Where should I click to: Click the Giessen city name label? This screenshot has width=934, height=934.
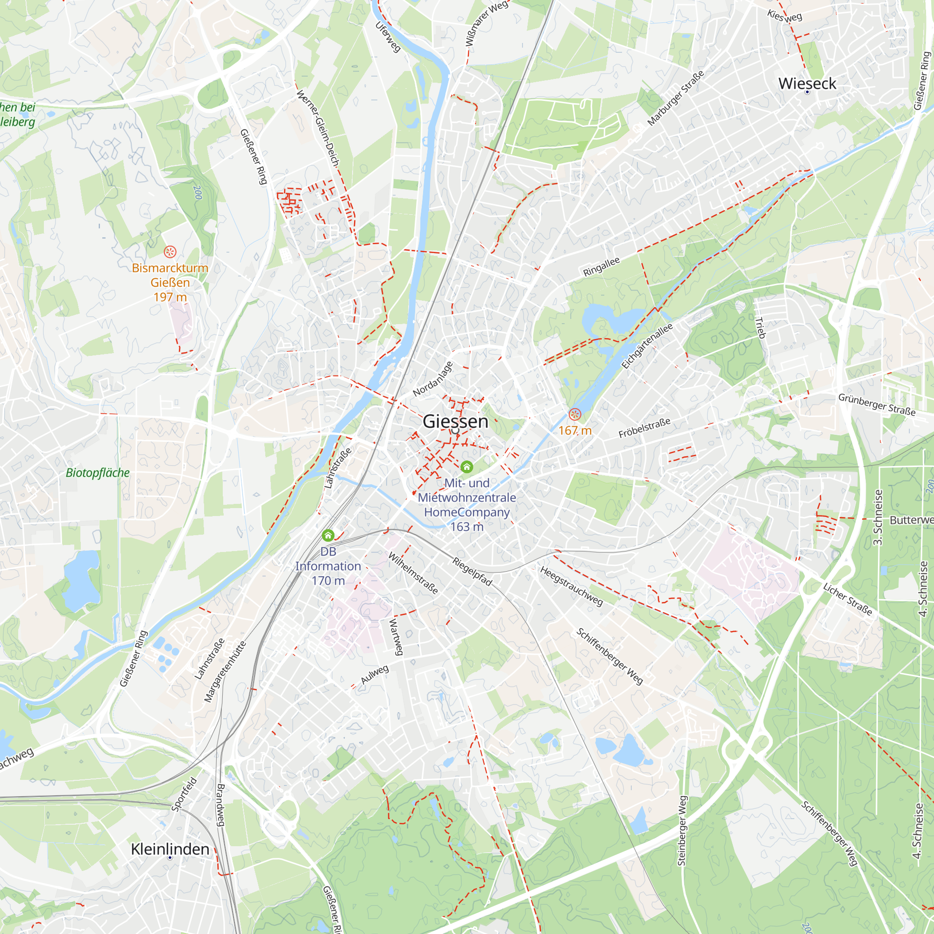[x=455, y=422]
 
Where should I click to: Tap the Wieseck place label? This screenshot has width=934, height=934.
[x=807, y=84]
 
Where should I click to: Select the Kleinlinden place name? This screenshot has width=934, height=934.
[x=170, y=849]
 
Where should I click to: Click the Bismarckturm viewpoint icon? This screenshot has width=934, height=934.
[x=170, y=251]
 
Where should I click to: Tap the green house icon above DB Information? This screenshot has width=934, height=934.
[x=328, y=535]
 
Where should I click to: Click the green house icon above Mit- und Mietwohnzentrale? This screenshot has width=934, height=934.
[x=467, y=467]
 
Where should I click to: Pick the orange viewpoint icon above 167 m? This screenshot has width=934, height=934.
[x=574, y=414]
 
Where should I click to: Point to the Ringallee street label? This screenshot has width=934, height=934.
[x=601, y=267]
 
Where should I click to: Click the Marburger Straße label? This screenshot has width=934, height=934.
[x=675, y=98]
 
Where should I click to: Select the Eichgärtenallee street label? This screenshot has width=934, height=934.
[x=647, y=346]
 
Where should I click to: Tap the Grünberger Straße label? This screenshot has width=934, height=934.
[x=877, y=404]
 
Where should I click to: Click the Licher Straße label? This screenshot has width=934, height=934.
[x=848, y=600]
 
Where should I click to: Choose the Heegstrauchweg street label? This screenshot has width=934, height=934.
[x=572, y=586]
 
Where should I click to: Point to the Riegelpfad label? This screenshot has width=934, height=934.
[x=472, y=572]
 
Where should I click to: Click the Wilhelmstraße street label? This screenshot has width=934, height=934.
[x=413, y=573]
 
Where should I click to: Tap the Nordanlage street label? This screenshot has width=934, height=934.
[x=433, y=379]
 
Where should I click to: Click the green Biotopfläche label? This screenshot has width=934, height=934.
[x=98, y=473]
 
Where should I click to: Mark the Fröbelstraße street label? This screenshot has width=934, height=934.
[x=644, y=428]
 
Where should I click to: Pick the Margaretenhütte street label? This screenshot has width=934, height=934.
[x=225, y=672]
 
